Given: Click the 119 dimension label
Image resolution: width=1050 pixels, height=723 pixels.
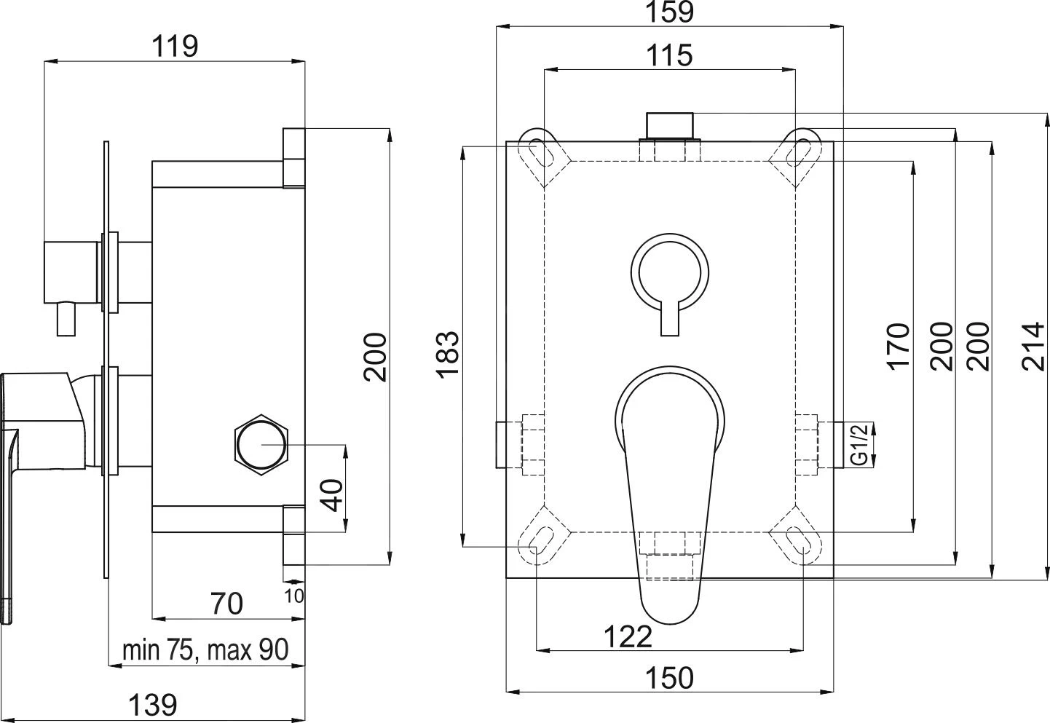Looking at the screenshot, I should tap(175, 47).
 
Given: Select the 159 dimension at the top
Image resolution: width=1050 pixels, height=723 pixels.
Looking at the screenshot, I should tap(669, 12).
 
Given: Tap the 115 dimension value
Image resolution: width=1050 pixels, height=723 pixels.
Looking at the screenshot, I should tap(669, 55).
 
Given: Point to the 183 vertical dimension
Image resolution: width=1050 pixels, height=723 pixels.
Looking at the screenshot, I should tap(447, 354).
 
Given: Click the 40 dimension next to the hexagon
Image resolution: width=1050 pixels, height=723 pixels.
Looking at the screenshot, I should tap(331, 495).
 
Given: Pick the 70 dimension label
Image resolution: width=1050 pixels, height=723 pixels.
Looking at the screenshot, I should tap(226, 604).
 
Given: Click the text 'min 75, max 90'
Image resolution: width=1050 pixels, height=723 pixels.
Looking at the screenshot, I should tap(205, 650).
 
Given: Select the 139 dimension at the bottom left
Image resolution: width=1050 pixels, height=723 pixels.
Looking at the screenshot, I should tap(153, 704).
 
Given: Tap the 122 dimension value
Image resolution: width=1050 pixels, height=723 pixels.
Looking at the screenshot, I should tap(628, 637).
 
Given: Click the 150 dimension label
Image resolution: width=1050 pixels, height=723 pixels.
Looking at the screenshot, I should tap(669, 678).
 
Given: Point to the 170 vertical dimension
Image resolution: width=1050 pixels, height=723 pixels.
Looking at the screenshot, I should tap(899, 347).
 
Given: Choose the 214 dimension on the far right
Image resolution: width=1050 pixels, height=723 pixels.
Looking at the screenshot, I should tap(1033, 347).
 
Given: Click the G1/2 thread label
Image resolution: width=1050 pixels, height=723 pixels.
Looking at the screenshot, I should tap(859, 445).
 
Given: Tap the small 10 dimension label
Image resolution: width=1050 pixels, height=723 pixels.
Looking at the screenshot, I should tap(295, 596).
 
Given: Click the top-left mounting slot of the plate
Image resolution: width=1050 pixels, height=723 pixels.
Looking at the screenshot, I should tap(538, 152).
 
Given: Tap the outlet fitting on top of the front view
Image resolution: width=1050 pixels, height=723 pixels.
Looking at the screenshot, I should tap(670, 125).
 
